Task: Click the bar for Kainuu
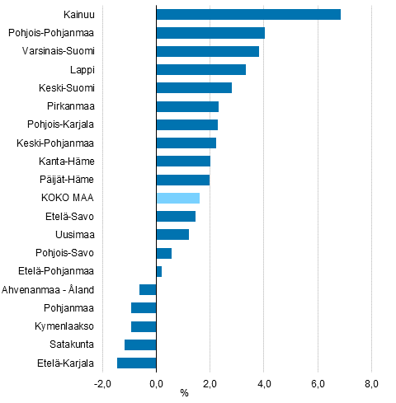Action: pos(247,14)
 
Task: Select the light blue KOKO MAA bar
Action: pos(177,198)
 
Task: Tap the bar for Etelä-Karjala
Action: pos(137,363)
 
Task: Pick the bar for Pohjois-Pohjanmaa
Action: pos(210,33)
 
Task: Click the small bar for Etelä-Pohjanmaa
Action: pos(159,271)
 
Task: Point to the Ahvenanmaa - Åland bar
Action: pos(148,289)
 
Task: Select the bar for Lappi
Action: pos(200,69)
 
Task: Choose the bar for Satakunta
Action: pos(140,344)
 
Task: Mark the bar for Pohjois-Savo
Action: pos(164,253)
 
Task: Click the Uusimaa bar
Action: pos(172,235)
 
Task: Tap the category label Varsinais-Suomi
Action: pos(59,51)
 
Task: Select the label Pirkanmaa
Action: pos(71,106)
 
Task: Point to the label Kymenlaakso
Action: pos(65,326)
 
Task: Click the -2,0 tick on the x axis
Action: pos(102,383)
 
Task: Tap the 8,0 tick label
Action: pos(371,383)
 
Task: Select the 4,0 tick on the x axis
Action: pos(264,383)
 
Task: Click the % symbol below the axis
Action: pos(184,393)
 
